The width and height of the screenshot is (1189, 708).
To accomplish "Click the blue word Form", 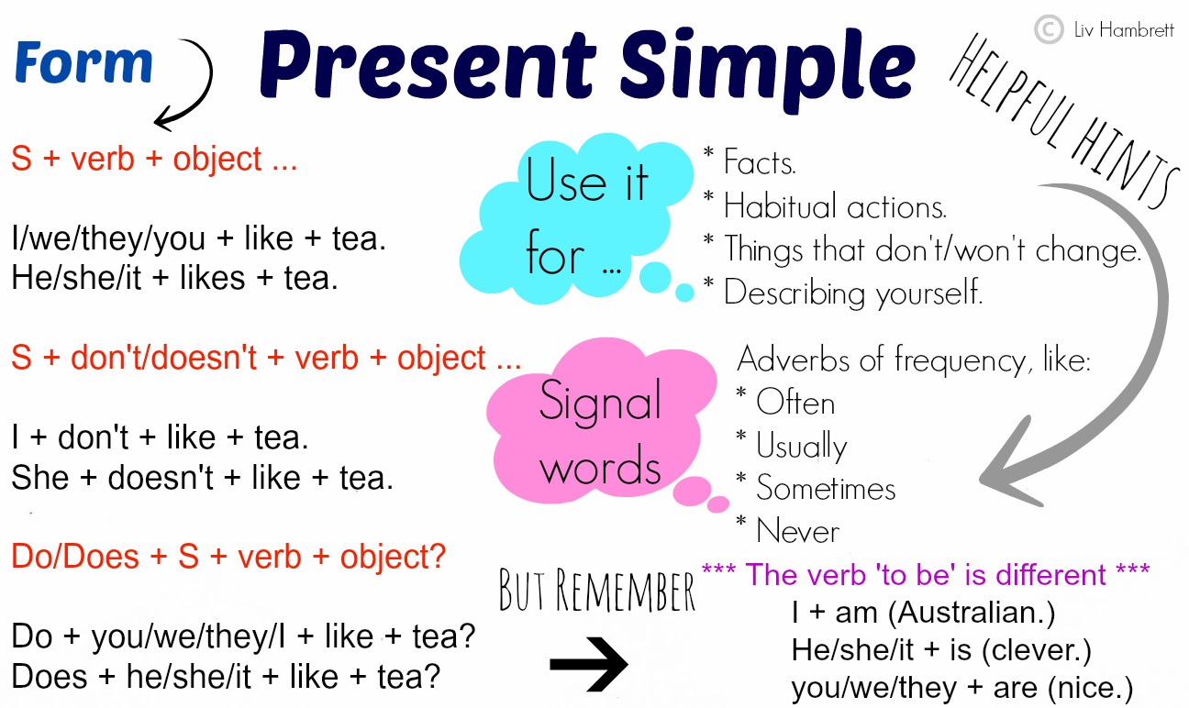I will [x=83, y=63].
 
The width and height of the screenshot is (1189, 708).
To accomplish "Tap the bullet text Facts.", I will [x=760, y=163].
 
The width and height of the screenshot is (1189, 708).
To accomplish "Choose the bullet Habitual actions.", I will [x=834, y=206].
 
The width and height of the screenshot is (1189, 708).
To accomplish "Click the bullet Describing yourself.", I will [x=852, y=293].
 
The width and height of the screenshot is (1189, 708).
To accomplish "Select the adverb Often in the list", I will [x=795, y=404].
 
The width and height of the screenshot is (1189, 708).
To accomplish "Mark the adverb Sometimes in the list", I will [x=825, y=489].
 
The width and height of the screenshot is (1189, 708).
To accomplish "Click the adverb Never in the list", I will [x=797, y=531].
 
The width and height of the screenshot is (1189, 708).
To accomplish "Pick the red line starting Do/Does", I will [x=228, y=557].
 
